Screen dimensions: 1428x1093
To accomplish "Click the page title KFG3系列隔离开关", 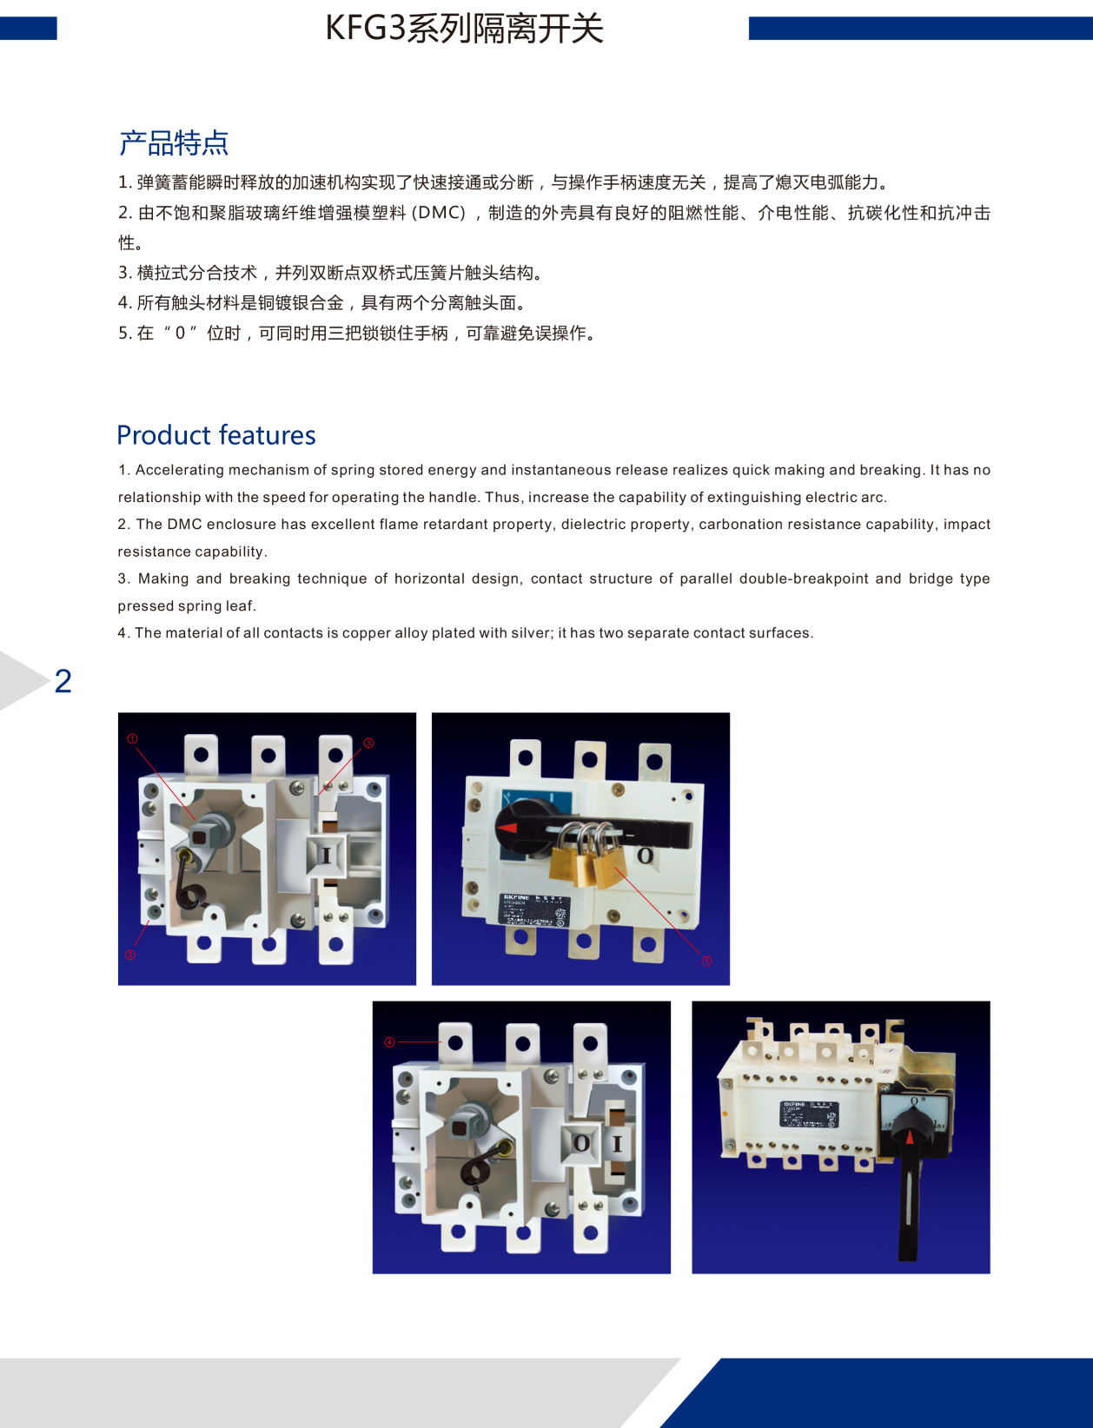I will coord(464,29).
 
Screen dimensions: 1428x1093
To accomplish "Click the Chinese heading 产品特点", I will coord(173,143).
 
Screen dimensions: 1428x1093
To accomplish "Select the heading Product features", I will coord(215,435).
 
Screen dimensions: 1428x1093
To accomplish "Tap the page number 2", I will coord(63,681).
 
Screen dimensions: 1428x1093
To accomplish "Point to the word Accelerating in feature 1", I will coord(177,470).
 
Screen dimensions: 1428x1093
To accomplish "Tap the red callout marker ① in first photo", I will coord(132,739).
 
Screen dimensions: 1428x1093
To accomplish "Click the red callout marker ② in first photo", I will coord(130,955).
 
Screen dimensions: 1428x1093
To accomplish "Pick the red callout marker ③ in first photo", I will coord(368,744).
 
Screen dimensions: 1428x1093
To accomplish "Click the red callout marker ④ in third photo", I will coord(389,1041).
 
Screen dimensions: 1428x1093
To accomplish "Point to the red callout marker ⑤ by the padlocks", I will coord(706,961).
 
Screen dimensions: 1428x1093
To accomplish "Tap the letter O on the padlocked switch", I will coord(645,856).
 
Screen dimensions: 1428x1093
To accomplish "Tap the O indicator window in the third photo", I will coord(581,1143).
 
